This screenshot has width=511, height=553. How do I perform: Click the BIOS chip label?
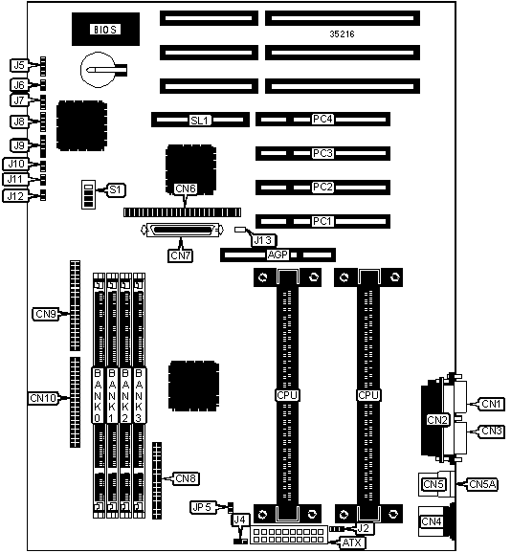[105, 29]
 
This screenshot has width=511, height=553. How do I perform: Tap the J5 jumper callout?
[19, 65]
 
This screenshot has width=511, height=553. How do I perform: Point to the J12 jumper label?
[15, 196]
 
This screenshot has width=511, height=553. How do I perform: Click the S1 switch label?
[116, 189]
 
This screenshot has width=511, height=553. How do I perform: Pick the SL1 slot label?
[200, 121]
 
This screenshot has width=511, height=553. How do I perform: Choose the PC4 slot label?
[322, 119]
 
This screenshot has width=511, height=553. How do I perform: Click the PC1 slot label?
[322, 221]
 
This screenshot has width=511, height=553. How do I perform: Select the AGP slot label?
[278, 254]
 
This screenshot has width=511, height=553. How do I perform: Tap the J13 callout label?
[264, 240]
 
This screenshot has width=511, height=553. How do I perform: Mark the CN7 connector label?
[180, 255]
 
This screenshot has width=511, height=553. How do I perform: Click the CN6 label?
[186, 188]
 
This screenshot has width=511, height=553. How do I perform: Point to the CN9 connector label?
[46, 314]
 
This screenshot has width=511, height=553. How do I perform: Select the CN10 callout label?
[43, 398]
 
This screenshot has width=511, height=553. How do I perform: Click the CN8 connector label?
[186, 478]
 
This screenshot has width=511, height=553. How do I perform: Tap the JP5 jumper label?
[203, 507]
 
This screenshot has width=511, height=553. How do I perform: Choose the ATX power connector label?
[352, 542]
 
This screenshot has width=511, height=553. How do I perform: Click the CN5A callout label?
[483, 484]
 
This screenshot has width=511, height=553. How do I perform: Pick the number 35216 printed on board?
[342, 33]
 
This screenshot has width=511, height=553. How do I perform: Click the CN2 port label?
[437, 420]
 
